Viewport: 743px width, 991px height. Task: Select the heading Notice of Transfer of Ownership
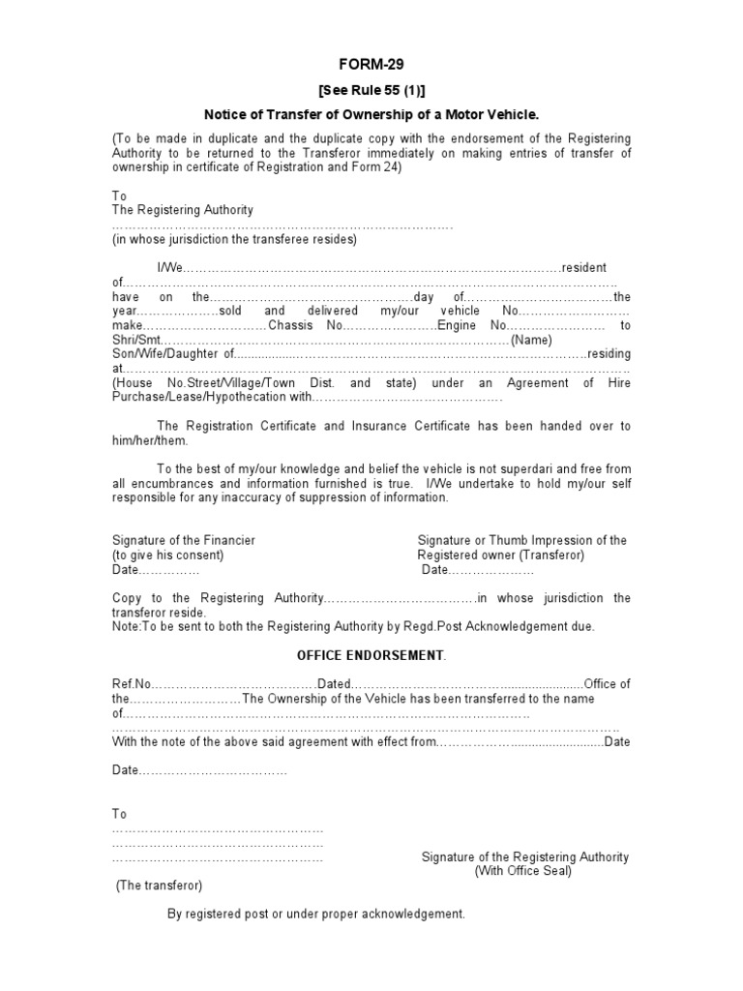click(x=371, y=114)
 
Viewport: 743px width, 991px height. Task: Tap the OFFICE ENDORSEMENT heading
click(x=371, y=655)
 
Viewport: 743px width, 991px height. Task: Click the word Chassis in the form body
click(x=290, y=325)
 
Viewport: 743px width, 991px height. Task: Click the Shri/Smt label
click(x=136, y=340)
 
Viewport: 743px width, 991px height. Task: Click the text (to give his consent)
click(x=167, y=555)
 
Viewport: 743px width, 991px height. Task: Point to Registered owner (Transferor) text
click(x=500, y=555)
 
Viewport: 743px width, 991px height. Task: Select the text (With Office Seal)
click(x=522, y=871)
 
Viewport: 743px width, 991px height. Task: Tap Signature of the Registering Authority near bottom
click(x=524, y=856)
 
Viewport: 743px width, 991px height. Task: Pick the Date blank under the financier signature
click(x=155, y=570)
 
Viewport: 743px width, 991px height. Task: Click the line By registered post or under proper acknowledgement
click(x=316, y=914)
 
